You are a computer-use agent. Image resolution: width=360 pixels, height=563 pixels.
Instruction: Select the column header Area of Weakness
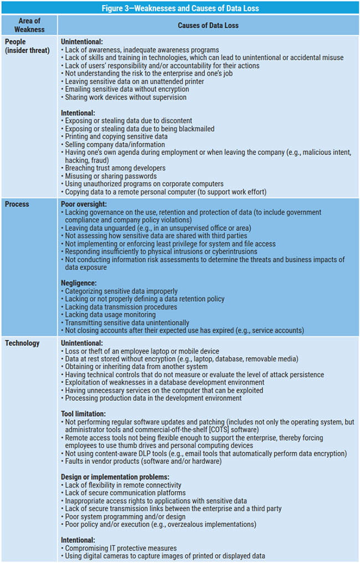(29, 25)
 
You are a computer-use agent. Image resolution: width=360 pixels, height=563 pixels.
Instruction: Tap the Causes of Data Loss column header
(208, 25)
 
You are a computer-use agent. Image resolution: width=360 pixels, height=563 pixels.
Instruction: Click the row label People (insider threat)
(27, 46)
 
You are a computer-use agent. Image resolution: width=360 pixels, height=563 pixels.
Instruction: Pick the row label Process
(18, 204)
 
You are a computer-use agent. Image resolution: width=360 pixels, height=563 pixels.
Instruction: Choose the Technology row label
(23, 343)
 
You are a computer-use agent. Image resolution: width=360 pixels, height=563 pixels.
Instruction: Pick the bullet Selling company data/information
(115, 144)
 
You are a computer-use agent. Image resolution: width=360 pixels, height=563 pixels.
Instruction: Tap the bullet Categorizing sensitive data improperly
(122, 291)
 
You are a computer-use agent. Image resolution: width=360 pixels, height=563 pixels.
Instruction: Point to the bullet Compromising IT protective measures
(121, 548)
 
